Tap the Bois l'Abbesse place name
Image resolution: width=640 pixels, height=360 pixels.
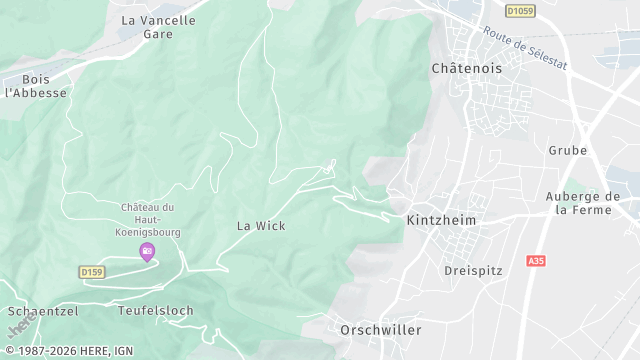(x=35, y=85)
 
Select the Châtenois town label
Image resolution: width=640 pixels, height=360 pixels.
(x=465, y=68)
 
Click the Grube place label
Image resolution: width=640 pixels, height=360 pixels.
(x=567, y=150)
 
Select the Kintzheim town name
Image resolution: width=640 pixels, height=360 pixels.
(x=442, y=219)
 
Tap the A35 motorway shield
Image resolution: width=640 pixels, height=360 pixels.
(x=535, y=260)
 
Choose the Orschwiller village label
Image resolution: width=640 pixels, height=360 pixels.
(x=380, y=329)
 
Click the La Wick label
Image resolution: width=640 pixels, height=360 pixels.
(x=261, y=226)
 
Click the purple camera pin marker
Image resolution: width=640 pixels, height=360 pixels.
(x=147, y=251)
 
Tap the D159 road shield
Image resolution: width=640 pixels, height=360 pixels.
(x=91, y=271)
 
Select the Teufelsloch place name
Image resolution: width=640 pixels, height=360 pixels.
(x=155, y=311)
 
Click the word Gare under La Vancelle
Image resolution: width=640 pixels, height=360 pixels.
(x=158, y=34)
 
